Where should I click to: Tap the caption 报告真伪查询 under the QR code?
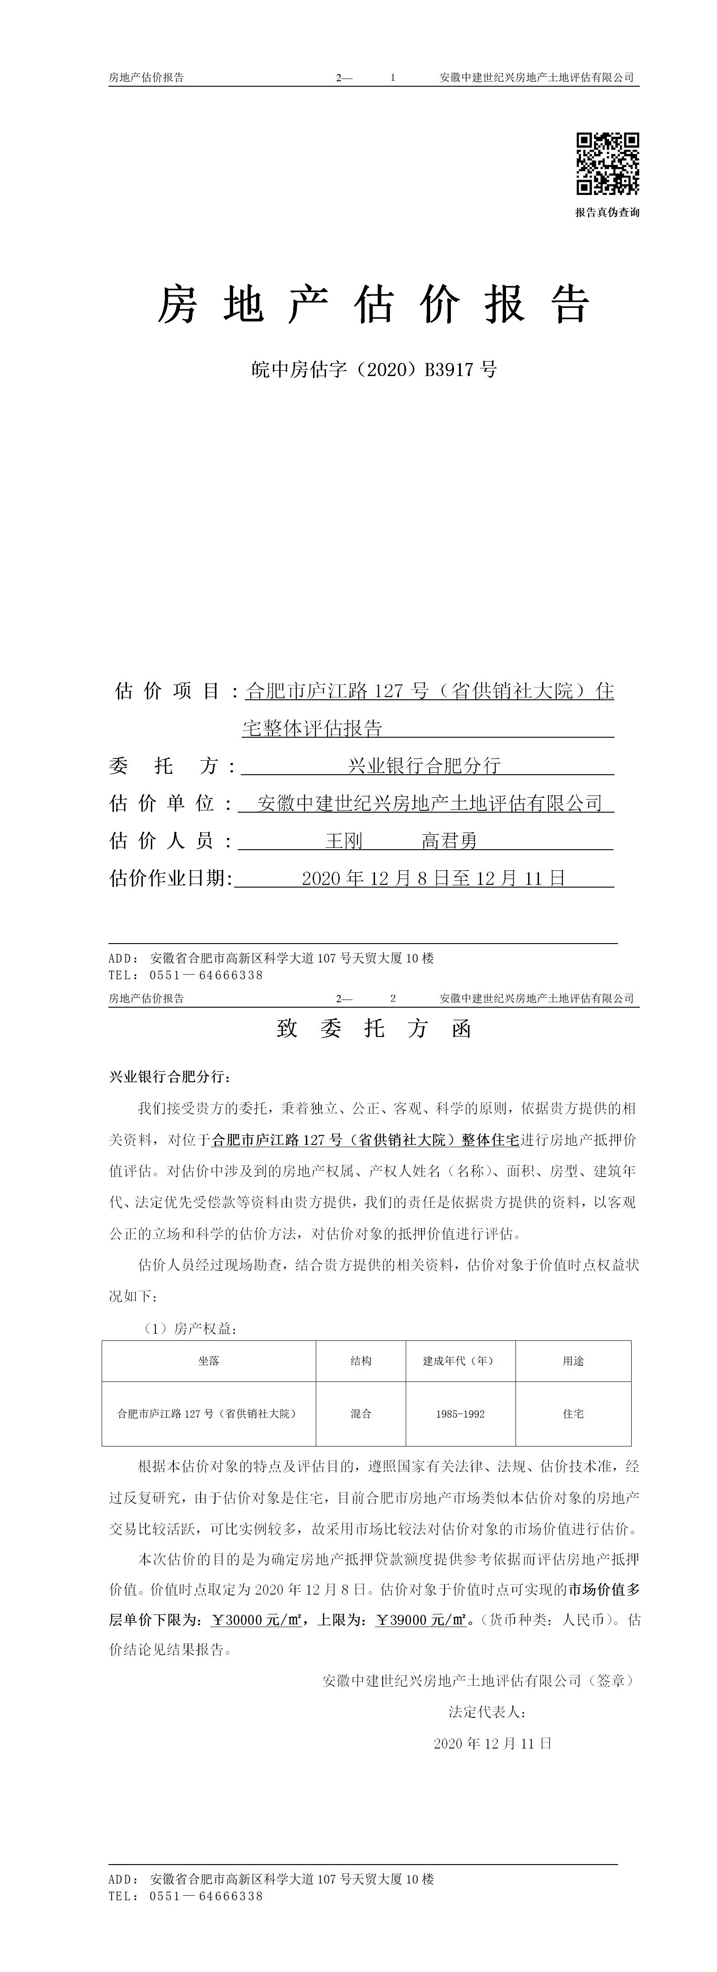(x=608, y=213)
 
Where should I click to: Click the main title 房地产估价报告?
(x=374, y=305)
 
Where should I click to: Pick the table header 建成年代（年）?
(x=459, y=1361)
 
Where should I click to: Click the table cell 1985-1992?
(x=459, y=1414)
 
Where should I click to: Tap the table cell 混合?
(x=361, y=1414)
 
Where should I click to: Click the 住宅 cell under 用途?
(x=573, y=1414)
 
